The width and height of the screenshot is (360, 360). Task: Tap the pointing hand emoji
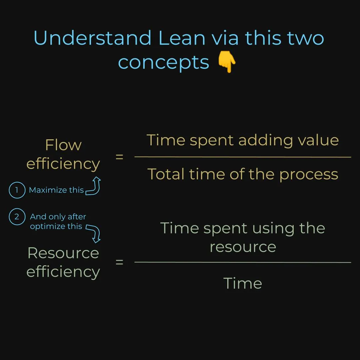click(227, 63)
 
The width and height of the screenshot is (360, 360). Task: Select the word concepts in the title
click(163, 62)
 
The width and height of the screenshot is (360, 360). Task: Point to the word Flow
click(63, 145)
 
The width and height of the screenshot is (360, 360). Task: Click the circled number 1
click(17, 190)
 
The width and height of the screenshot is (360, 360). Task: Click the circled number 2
click(17, 217)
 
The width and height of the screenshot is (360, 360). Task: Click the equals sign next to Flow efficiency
click(119, 157)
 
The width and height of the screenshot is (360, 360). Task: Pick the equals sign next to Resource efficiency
click(119, 262)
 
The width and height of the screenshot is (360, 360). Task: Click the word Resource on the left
click(63, 253)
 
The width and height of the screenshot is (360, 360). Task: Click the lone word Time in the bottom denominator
click(243, 283)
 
